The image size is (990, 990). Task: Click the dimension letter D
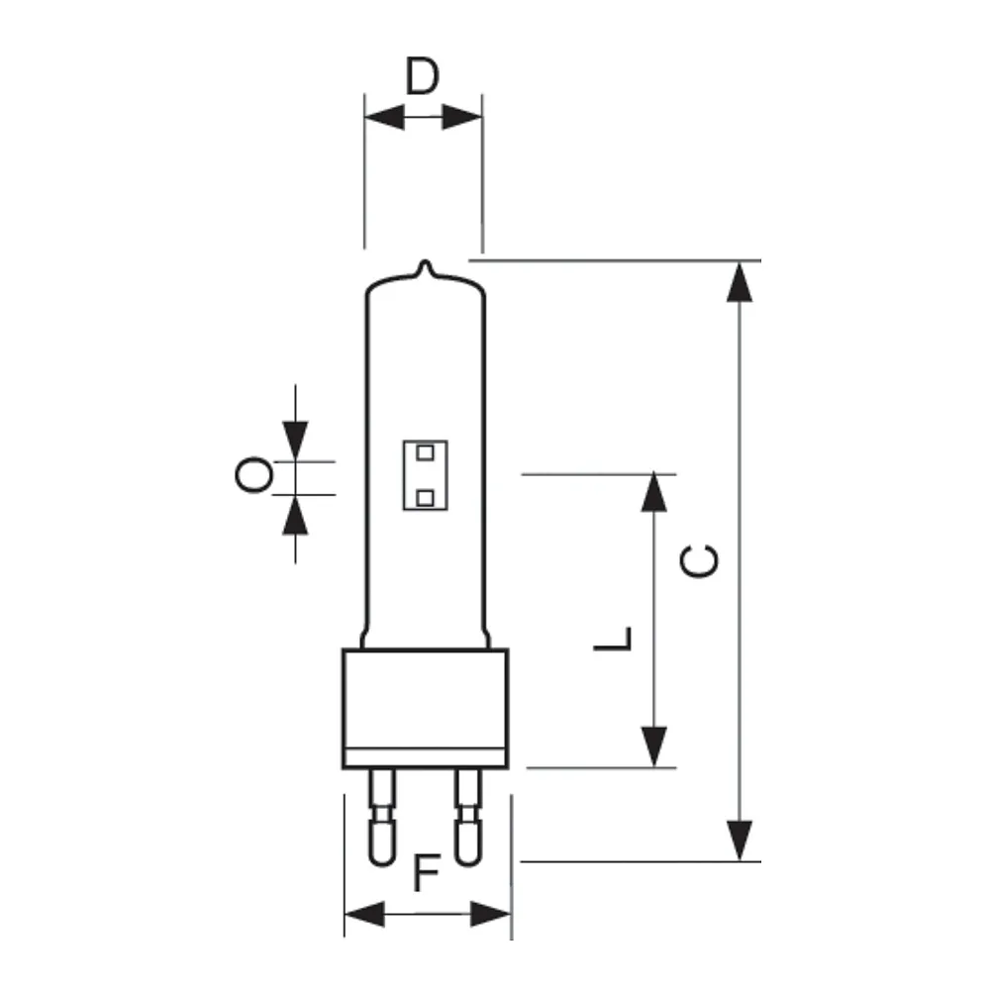(422, 76)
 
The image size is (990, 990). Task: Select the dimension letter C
(699, 561)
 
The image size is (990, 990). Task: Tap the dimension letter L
(613, 639)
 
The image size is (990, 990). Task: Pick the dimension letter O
(253, 475)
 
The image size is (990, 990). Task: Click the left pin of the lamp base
(382, 817)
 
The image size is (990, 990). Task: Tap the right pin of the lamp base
(468, 817)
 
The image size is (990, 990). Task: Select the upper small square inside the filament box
(426, 452)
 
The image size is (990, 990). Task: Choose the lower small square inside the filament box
(426, 498)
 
